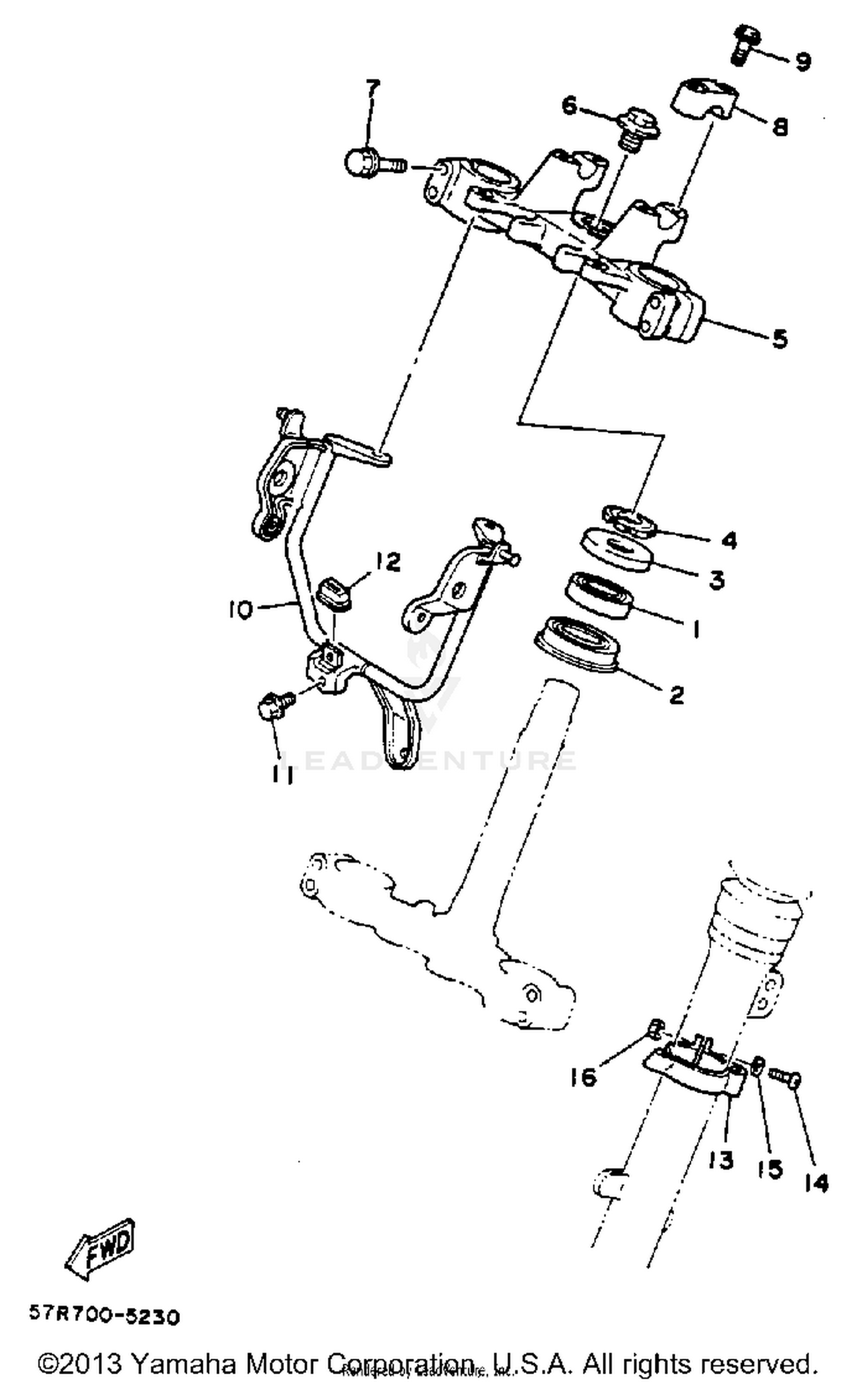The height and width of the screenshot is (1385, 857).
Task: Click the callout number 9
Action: click(803, 61)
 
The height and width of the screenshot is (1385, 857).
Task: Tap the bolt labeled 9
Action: click(743, 44)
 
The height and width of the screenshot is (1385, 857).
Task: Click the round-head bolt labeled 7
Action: click(366, 163)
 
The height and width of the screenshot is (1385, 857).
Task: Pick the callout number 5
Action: click(780, 338)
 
